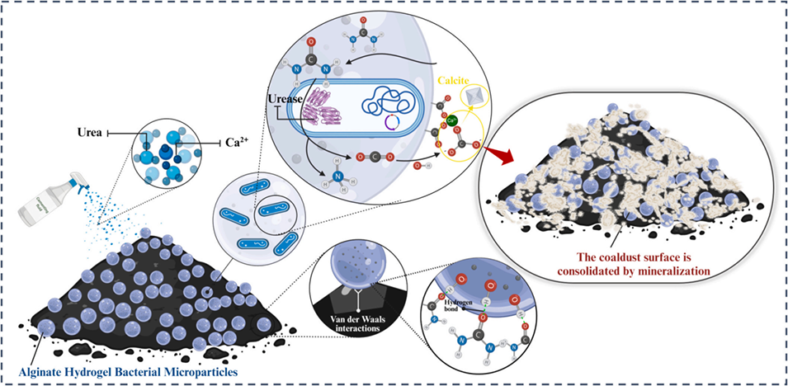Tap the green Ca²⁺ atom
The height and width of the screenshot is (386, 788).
point(452,121)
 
